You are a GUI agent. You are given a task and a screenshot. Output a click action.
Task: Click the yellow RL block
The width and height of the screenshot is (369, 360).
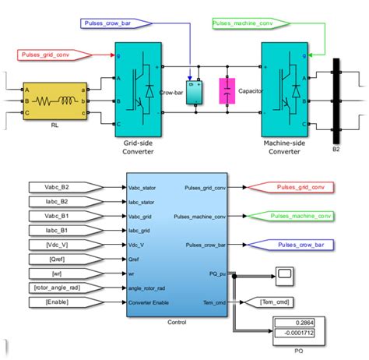pos(53,101)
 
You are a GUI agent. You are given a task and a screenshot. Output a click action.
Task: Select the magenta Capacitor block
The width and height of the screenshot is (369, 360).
pos(227,92)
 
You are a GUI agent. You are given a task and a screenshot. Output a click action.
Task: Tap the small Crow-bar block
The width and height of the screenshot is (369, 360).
pos(194,92)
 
